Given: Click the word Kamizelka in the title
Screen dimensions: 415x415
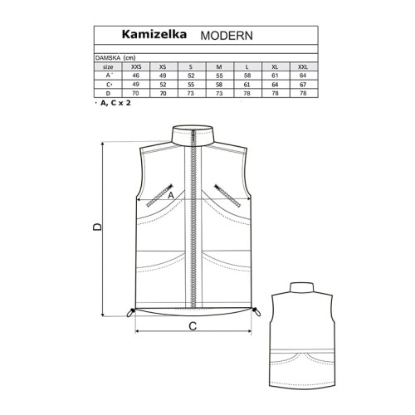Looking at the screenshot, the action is (154, 34).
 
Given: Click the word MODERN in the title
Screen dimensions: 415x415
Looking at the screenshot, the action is (227, 36).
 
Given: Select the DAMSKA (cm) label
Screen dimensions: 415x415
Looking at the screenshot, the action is (115, 58).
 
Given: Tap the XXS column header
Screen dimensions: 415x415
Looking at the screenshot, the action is (136, 66).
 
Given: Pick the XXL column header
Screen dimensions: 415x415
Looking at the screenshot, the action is (303, 66).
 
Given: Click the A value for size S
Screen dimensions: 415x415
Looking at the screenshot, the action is (191, 76).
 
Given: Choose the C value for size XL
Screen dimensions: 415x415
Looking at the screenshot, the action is (275, 85).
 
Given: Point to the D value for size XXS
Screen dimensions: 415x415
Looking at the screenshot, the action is (135, 93).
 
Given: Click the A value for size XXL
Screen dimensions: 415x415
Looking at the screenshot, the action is (303, 76).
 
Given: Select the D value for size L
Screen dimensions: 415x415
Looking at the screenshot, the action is (247, 93).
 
